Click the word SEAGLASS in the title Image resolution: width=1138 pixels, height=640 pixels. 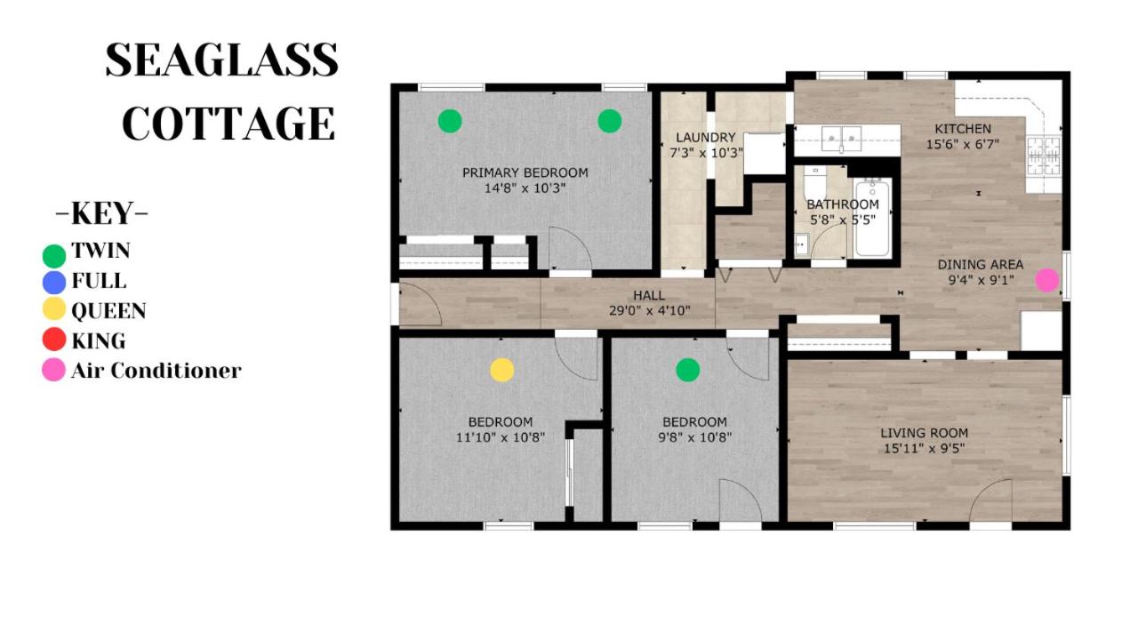tap(222, 60)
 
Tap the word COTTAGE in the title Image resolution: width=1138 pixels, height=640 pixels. tap(228, 124)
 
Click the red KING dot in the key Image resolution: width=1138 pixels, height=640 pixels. tap(54, 340)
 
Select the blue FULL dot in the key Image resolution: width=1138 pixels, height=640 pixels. tap(54, 283)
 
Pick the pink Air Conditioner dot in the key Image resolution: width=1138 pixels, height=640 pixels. tap(54, 369)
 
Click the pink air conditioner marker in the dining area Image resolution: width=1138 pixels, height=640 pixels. tap(1047, 280)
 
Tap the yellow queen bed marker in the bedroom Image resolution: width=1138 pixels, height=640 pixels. tap(502, 370)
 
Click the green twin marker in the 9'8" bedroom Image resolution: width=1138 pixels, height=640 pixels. tap(688, 370)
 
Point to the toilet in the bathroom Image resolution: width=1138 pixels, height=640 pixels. tap(815, 184)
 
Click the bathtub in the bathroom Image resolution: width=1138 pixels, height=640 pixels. tap(873, 218)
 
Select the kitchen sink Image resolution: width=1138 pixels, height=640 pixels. tap(841, 140)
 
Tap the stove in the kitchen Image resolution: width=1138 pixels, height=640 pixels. tap(1044, 156)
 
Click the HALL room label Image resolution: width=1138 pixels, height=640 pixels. tap(649, 295)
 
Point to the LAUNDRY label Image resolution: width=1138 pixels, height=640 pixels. tap(706, 137)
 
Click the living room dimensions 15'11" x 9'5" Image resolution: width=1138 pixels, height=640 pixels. tap(924, 449)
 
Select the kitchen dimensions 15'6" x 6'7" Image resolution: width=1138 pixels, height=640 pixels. tap(963, 144)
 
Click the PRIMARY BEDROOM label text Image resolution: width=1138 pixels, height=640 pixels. tap(525, 172)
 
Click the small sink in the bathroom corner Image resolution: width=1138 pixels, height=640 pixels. tap(802, 244)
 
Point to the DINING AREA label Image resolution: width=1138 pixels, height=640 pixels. tap(981, 265)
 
